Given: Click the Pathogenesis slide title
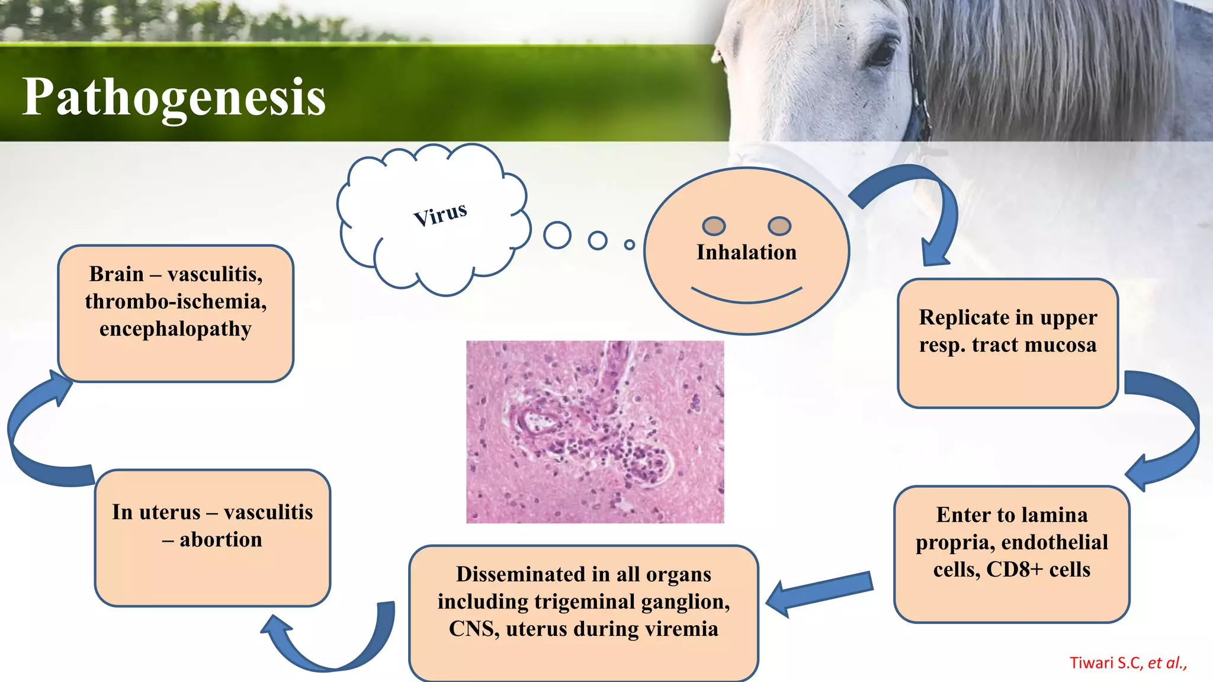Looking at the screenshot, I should click(x=174, y=97).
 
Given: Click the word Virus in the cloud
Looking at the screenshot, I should click(x=440, y=214).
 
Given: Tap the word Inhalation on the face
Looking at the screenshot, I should click(x=746, y=253).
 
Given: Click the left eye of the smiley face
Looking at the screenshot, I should click(x=714, y=226).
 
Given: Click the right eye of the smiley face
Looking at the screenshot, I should click(x=779, y=226).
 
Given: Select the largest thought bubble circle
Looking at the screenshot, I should click(x=557, y=236).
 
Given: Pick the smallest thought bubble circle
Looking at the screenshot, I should click(x=630, y=245).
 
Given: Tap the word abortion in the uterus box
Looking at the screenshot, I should click(x=220, y=540).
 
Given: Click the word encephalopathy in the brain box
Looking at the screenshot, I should click(x=175, y=329).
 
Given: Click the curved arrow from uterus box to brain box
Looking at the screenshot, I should click(x=30, y=438).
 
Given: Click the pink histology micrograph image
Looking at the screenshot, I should click(x=595, y=432).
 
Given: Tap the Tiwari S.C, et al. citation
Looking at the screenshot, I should click(x=1128, y=663).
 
